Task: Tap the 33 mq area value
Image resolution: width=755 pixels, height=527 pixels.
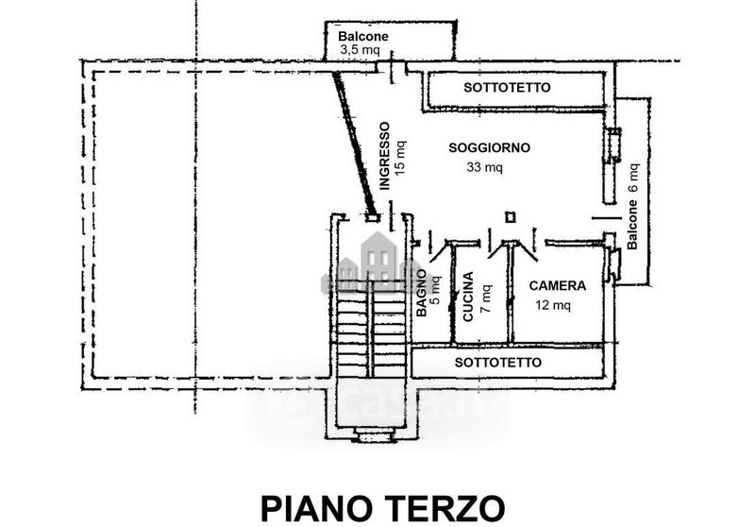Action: tap(484, 167)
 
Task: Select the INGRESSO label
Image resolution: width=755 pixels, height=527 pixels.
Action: tap(384, 156)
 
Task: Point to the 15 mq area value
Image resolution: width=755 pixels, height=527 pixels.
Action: tap(400, 157)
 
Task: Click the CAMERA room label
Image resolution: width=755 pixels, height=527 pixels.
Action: tap(558, 285)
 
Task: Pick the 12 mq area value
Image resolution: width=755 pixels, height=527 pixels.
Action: tap(553, 305)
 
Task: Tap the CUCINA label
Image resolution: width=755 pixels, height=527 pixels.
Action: tap(468, 297)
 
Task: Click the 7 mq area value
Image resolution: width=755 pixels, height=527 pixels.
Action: tap(486, 298)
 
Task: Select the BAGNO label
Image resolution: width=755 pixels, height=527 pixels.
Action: tap(421, 293)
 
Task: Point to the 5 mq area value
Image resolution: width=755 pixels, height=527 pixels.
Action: tap(435, 290)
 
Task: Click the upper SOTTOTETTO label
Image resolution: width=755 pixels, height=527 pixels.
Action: tap(507, 88)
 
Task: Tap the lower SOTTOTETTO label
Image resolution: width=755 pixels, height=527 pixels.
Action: tap(498, 363)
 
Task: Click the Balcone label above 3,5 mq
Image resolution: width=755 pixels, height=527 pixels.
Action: tap(363, 36)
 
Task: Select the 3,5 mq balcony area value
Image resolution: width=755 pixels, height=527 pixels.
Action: tap(361, 50)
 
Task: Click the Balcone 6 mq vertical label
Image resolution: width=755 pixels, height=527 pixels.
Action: tap(632, 206)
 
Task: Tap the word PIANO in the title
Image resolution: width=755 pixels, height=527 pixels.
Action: tap(319, 509)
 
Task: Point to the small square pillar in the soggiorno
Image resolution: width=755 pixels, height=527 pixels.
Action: tap(511, 217)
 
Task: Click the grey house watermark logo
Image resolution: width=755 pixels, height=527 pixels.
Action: tap(379, 263)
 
